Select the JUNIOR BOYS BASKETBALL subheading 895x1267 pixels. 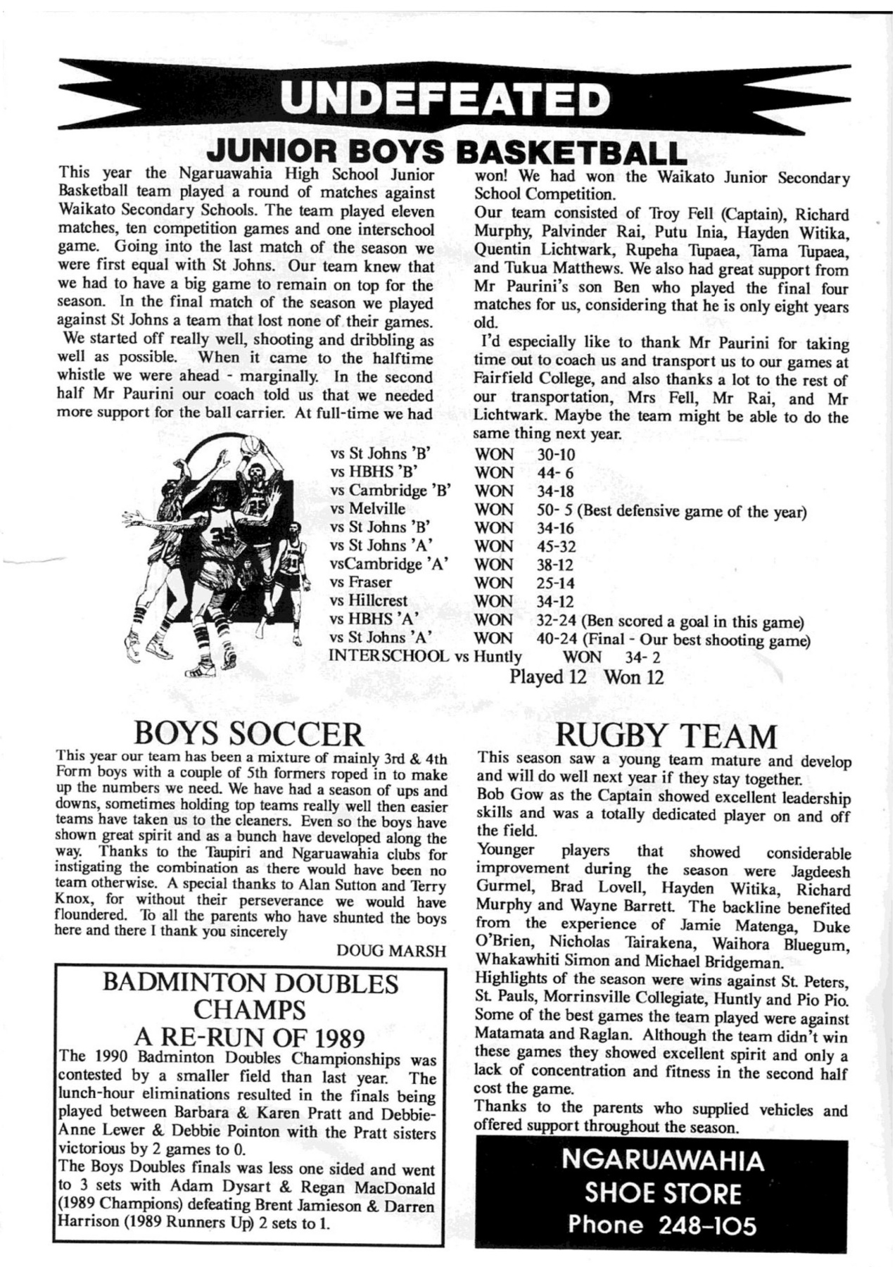[x=445, y=151]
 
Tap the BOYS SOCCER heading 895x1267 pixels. [x=250, y=735]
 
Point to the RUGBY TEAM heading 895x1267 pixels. [x=666, y=736]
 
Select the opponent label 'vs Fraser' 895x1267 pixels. [x=361, y=583]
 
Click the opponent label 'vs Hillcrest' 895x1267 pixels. [x=369, y=601]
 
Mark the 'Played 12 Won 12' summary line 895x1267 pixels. [x=587, y=677]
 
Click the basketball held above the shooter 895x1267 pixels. [x=250, y=446]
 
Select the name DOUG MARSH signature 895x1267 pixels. [x=392, y=951]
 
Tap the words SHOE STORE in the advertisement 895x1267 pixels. [x=663, y=1194]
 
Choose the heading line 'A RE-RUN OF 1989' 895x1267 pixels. [x=250, y=1038]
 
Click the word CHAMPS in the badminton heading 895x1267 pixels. [x=250, y=1011]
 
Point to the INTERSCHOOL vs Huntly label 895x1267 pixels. [x=425, y=657]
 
